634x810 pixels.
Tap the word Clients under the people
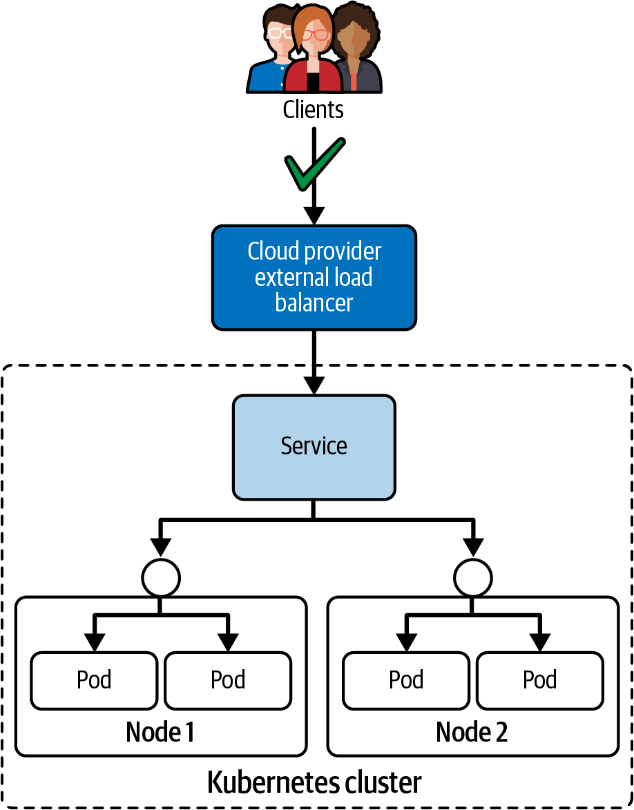[x=314, y=109]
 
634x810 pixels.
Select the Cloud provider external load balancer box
[x=314, y=277]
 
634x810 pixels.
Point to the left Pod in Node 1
[x=94, y=680]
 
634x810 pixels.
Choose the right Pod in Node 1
[x=228, y=680]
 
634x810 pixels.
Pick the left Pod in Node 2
[x=406, y=680]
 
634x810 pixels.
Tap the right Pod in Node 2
[x=540, y=680]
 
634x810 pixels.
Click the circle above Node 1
[x=160, y=577]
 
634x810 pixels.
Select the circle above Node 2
[x=473, y=577]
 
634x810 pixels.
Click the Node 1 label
[x=160, y=733]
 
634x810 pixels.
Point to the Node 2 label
[x=472, y=733]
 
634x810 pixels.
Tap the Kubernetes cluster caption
[x=314, y=783]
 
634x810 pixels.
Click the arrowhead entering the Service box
[x=314, y=385]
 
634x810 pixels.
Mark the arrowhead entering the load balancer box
[x=314, y=215]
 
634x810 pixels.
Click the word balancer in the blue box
[x=314, y=302]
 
